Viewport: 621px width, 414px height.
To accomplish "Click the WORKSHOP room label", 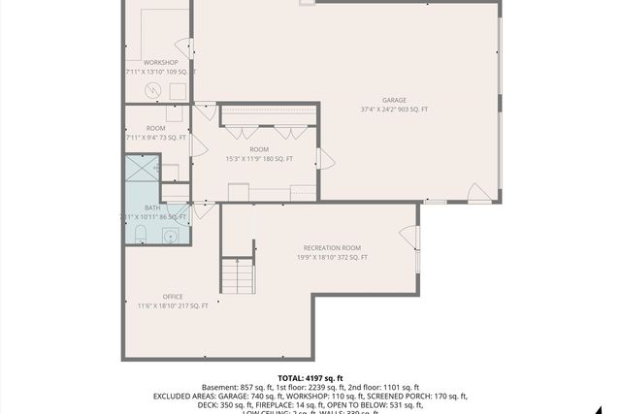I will (x=160, y=63).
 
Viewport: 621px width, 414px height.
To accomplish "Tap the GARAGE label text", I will (x=393, y=100).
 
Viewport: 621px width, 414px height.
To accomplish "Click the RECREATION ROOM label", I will (x=332, y=248).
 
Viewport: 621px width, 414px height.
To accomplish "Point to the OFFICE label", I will (x=173, y=297).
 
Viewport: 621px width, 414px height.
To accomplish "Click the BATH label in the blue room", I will (x=152, y=207).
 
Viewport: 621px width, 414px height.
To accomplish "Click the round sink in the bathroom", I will (x=171, y=236).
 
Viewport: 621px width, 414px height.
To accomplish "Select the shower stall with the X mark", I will (x=142, y=170).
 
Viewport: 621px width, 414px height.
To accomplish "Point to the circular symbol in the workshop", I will (x=153, y=90).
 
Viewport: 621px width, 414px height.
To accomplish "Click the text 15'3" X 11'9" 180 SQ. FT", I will (x=259, y=159).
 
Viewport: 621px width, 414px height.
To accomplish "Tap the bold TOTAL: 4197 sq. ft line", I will (x=310, y=378).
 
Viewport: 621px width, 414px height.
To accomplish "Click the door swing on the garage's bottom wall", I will (x=478, y=194).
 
